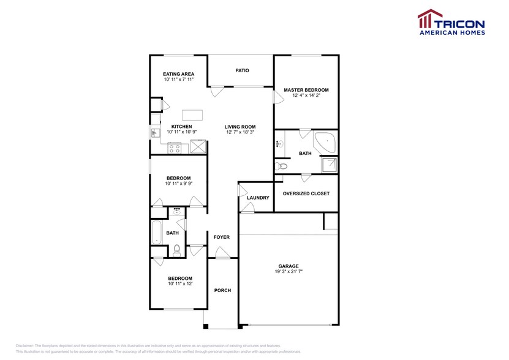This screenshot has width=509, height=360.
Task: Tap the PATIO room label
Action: pos(242,70)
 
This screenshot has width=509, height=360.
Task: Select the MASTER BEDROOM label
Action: pos(306,90)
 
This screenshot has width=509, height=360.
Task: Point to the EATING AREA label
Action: pos(178,74)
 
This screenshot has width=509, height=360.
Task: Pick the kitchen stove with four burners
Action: pos(175,147)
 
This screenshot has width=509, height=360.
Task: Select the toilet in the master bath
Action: pos(282,166)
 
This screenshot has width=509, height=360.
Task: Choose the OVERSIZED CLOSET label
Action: pos(306,193)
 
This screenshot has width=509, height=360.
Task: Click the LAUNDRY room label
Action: pos(258,198)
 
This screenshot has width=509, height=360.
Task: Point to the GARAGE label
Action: pos(288,266)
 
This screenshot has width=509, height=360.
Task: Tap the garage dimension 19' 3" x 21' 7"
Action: pos(288,272)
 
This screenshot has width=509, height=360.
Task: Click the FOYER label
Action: pos(221,237)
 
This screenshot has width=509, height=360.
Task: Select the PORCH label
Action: pos(222,290)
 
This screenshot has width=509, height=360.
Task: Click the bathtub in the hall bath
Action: pos(156,232)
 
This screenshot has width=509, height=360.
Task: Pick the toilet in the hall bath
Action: pos(177,249)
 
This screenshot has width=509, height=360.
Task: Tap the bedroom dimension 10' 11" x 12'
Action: pos(179,283)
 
